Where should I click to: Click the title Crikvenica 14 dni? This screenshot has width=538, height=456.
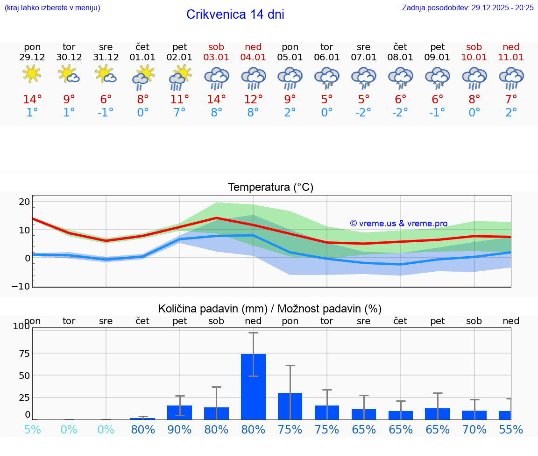click(x=235, y=14)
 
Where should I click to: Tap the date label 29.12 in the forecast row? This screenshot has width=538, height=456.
click(x=32, y=58)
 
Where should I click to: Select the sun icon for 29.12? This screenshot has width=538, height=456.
click(x=32, y=74)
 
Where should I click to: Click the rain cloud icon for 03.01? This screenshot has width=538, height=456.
click(x=216, y=78)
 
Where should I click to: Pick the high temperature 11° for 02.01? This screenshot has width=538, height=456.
click(x=180, y=100)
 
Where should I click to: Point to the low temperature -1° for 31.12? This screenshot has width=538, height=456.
click(x=106, y=113)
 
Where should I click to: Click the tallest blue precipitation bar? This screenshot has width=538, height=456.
click(x=253, y=386)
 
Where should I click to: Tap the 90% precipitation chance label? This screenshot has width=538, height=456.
click(x=180, y=430)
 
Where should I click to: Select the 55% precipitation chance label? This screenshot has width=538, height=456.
click(x=511, y=430)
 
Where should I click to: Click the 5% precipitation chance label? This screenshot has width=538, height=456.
click(x=32, y=430)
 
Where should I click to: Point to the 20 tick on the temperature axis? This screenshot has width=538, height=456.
click(x=24, y=202)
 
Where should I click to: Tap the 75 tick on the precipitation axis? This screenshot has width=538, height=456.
click(x=24, y=354)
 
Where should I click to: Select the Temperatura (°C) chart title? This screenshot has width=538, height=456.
click(x=270, y=188)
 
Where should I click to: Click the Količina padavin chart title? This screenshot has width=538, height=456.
click(x=270, y=309)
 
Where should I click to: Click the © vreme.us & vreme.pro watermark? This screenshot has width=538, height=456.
click(x=399, y=224)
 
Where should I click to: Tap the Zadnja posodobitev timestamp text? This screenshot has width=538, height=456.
click(x=467, y=8)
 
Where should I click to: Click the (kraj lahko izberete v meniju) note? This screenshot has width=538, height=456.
click(x=52, y=8)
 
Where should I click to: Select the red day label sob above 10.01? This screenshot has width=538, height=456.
click(x=474, y=47)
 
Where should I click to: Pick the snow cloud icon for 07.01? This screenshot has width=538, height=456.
click(x=364, y=78)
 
